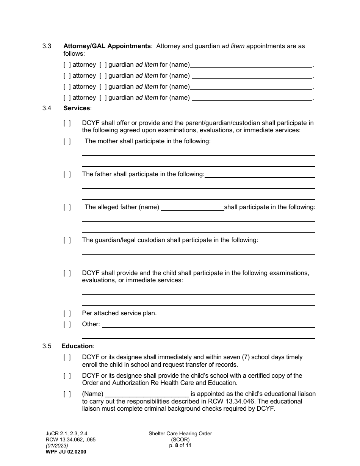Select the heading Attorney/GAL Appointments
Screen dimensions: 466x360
pyautogui.click(x=107, y=46)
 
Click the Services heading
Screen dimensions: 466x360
pyautogui.click(x=77, y=108)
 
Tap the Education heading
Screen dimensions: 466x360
pyautogui.click(x=77, y=346)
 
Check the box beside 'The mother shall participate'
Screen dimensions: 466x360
pyautogui.click(x=67, y=141)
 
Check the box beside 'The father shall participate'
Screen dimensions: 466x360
pyautogui.click(x=67, y=174)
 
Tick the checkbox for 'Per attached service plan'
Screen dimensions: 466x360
pyautogui.click(x=67, y=313)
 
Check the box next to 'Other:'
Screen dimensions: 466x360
pyautogui.click(x=67, y=324)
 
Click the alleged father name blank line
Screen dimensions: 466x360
pyautogui.click(x=192, y=208)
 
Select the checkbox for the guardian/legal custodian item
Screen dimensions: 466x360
pyautogui.click(x=67, y=240)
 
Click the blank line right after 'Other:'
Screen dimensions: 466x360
pyautogui.click(x=208, y=325)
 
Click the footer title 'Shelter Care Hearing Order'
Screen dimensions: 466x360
pyautogui.click(x=180, y=434)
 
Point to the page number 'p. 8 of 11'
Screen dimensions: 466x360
pyautogui.click(x=180, y=446)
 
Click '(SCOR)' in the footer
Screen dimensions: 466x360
pyautogui.click(x=180, y=439)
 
